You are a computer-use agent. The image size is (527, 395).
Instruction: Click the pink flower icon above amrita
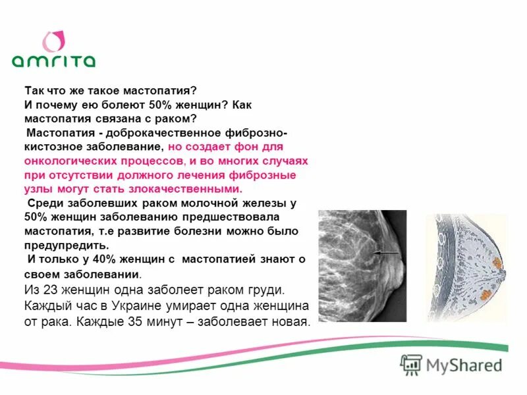coord(53,41)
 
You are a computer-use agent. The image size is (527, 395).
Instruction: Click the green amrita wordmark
coord(53,61)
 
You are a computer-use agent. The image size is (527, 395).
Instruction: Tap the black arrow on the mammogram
coord(387,252)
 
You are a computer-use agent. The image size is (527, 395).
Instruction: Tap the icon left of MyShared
coord(411,364)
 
